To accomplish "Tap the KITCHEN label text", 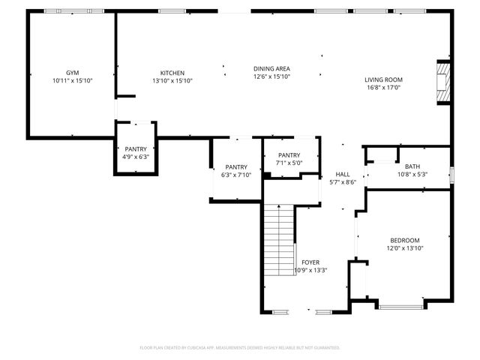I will [x=172, y=73].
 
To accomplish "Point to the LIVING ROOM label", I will [x=383, y=79].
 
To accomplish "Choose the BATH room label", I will [x=412, y=166].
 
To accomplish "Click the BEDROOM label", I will [x=405, y=240].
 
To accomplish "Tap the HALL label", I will [x=342, y=174].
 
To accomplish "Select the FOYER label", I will [x=310, y=262].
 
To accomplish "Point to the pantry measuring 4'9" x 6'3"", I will [x=136, y=157].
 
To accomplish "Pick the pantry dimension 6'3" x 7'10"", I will [x=236, y=175].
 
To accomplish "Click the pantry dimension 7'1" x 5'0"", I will [x=289, y=162].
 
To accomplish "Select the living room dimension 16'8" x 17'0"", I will [x=383, y=87].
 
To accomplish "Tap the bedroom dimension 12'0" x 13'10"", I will [x=405, y=247].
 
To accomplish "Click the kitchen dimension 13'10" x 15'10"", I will [x=172, y=80].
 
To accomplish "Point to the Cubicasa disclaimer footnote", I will [x=240, y=347].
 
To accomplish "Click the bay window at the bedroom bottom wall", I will [x=402, y=306].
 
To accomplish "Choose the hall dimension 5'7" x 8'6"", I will [x=342, y=181].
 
